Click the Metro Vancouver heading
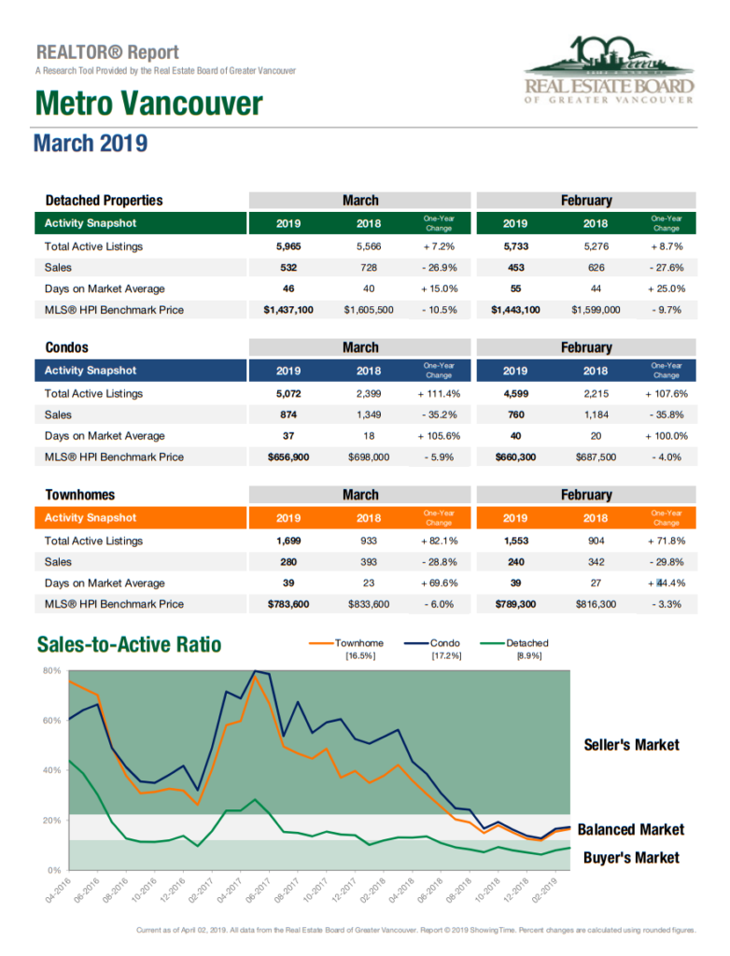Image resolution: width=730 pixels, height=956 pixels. (148, 103)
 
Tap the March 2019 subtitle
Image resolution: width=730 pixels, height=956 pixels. (91, 143)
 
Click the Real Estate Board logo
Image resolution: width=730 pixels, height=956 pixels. (609, 70)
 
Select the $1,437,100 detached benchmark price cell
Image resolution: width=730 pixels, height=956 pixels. (288, 310)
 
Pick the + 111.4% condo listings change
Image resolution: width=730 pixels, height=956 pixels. (439, 394)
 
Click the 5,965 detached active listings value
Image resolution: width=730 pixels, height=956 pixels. (288, 246)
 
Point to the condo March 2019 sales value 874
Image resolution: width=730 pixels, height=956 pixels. (288, 415)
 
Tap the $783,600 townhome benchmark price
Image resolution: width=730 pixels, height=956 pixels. (288, 604)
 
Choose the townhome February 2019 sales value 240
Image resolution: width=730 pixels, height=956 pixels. (516, 562)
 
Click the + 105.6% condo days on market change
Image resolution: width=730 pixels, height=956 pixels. (439, 436)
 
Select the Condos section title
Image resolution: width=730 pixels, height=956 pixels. (66, 347)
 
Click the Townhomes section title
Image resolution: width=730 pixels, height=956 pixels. (80, 495)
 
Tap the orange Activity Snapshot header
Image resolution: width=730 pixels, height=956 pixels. (91, 517)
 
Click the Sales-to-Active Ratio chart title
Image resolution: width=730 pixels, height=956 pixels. (129, 644)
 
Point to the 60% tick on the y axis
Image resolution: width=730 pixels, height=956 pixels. (52, 721)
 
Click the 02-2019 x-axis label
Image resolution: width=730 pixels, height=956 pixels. (544, 890)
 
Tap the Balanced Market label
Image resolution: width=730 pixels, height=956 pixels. (631, 830)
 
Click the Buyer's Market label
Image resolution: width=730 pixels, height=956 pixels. (631, 858)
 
